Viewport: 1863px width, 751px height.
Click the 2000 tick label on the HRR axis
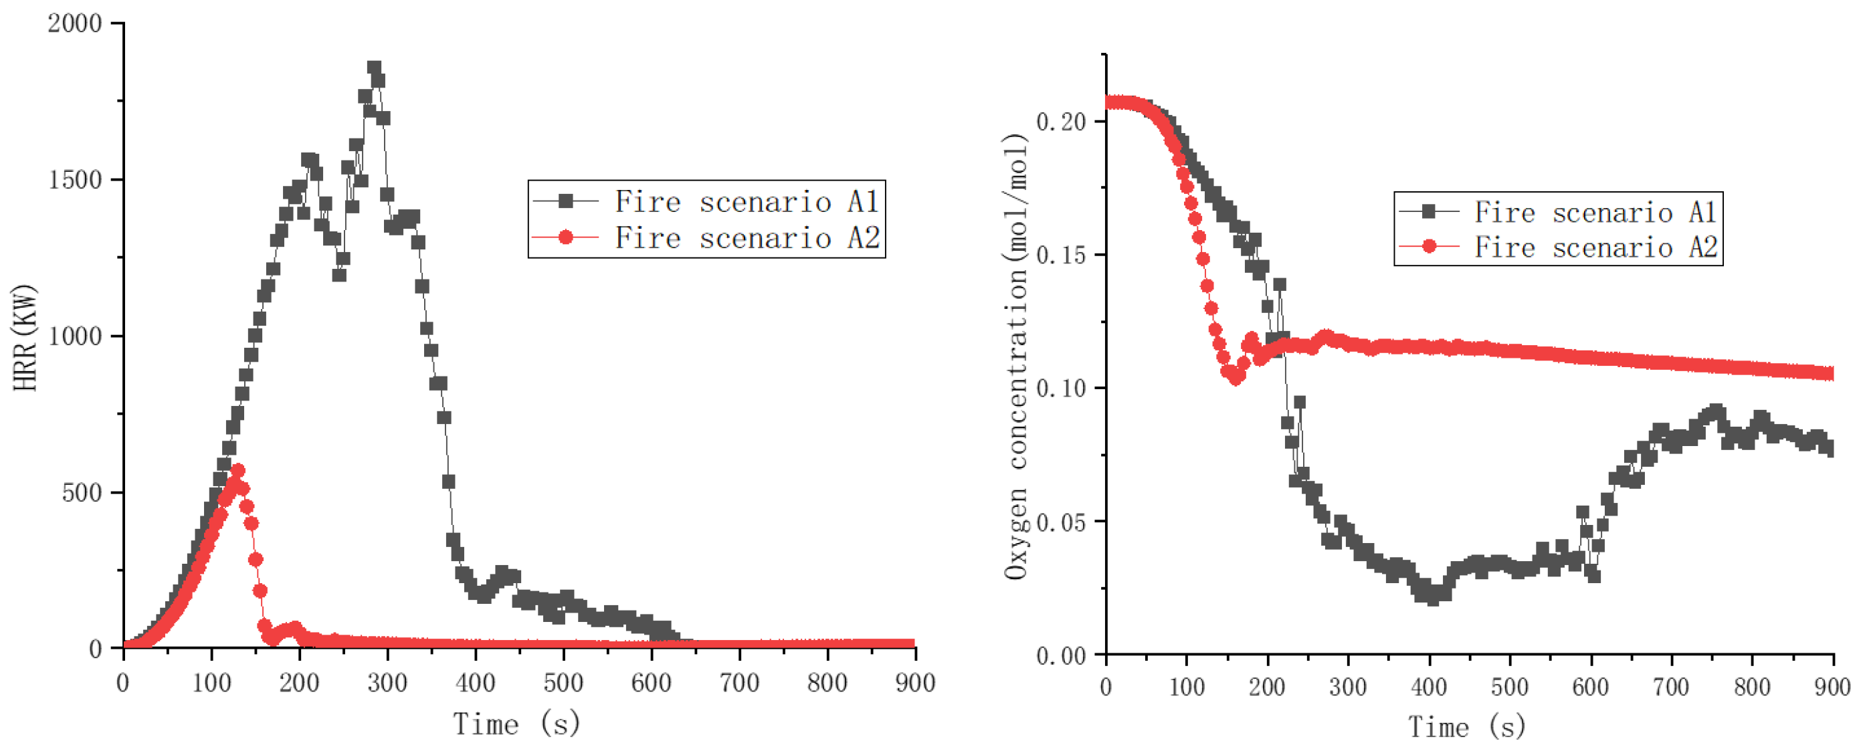coord(74,24)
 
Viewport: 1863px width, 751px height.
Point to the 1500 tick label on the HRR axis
coord(74,180)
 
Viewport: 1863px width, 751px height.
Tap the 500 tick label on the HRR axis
coord(81,493)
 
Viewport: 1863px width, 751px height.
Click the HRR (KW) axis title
coord(25,338)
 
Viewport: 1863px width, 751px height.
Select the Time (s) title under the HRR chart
coord(516,724)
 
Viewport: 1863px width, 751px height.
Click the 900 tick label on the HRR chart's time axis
coord(915,683)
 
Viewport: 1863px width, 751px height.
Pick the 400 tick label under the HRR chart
coord(475,683)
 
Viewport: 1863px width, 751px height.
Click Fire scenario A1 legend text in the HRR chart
coord(747,202)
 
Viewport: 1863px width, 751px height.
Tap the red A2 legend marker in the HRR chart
coord(565,238)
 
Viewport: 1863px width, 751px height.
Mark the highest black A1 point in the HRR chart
coord(374,68)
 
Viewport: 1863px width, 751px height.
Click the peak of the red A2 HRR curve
coord(238,471)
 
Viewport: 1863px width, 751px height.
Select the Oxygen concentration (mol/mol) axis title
coord(1015,356)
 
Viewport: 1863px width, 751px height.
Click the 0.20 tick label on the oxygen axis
coord(1061,122)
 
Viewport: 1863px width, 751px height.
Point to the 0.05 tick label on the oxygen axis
coord(1061,522)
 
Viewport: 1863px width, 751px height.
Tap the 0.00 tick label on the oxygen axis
coord(1061,655)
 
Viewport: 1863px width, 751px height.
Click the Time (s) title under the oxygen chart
coord(1467,726)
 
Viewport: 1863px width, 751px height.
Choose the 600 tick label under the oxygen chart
coord(1590,687)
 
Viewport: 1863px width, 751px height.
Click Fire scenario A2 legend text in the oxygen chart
coord(1595,248)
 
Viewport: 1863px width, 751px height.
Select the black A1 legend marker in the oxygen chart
coord(1429,211)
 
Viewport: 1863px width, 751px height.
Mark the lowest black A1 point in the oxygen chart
coord(1433,597)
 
